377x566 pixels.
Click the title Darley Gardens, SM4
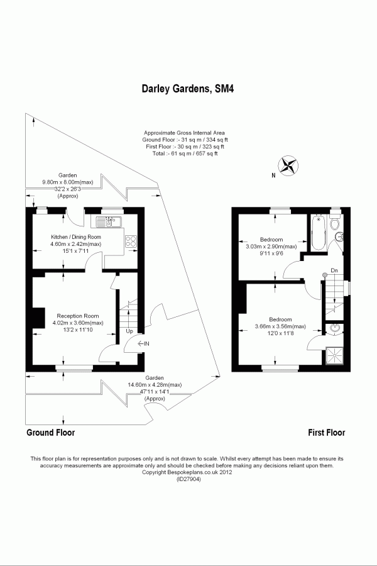(x=189, y=90)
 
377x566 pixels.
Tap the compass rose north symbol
(x=288, y=165)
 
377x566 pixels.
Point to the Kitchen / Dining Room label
(x=75, y=237)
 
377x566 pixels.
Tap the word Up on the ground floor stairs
(x=129, y=331)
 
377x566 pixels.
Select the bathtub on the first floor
(x=317, y=232)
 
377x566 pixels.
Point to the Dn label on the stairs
(x=334, y=271)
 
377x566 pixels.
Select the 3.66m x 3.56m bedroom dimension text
(x=280, y=326)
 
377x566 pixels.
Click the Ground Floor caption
(x=50, y=433)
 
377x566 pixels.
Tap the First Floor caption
(x=326, y=433)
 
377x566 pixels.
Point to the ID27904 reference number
(x=188, y=480)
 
